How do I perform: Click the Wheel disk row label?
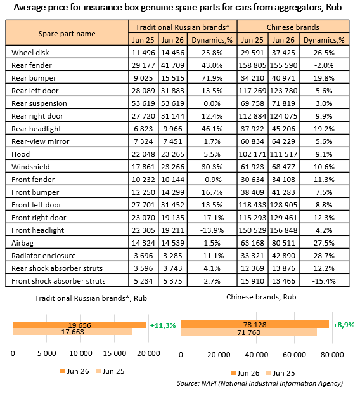(30, 53)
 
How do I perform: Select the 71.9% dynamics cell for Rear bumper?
(212, 78)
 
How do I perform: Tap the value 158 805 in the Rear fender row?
(252, 65)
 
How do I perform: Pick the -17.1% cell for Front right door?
(212, 218)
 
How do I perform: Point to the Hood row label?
(20, 154)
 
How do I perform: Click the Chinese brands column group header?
(293, 27)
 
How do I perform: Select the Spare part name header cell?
(67, 34)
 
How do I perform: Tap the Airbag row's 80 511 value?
(283, 243)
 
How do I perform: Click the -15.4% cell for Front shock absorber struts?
(324, 280)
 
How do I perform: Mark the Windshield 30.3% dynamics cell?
(212, 167)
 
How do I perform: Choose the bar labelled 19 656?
(80, 325)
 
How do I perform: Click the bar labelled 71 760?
(249, 332)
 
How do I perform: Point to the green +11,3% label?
(163, 325)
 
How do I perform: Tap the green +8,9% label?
(344, 325)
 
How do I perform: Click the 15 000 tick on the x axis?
(115, 353)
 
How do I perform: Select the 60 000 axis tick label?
(294, 355)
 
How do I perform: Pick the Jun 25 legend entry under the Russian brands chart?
(110, 371)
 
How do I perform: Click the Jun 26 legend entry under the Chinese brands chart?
(245, 373)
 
